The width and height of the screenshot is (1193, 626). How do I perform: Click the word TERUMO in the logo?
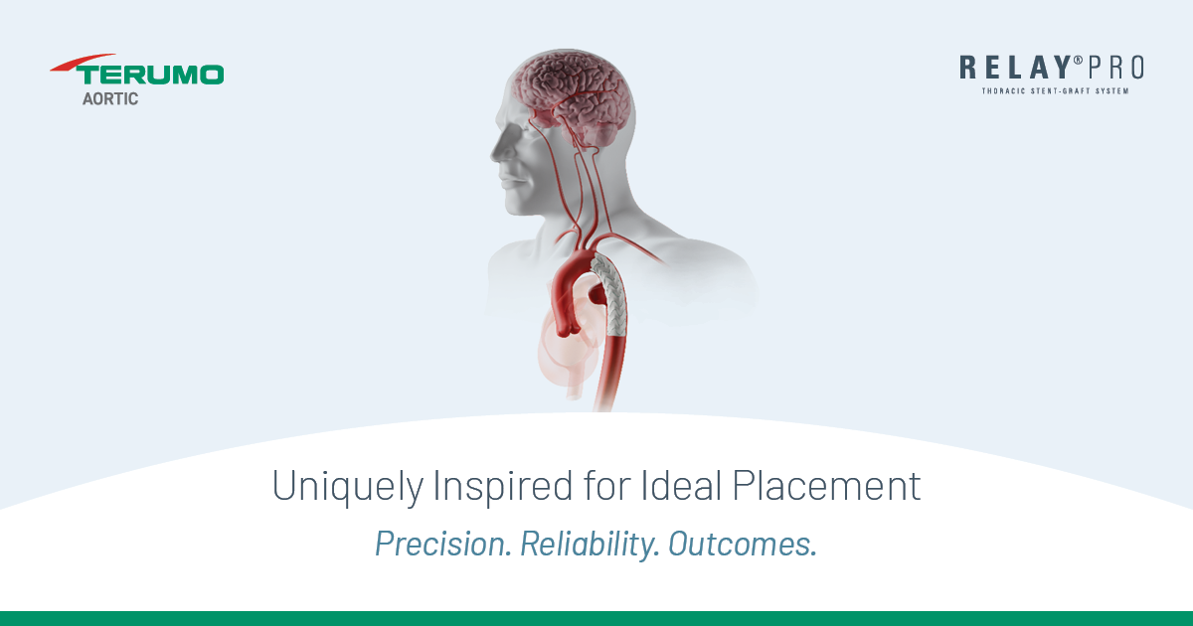pyautogui.click(x=151, y=76)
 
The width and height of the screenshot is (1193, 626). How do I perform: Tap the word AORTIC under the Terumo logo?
pyautogui.click(x=110, y=99)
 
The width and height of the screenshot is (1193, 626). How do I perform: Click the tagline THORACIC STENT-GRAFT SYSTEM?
pyautogui.click(x=1055, y=91)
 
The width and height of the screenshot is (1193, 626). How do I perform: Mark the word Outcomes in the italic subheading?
pyautogui.click(x=742, y=545)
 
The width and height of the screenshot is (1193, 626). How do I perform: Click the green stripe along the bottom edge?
pyautogui.click(x=596, y=618)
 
